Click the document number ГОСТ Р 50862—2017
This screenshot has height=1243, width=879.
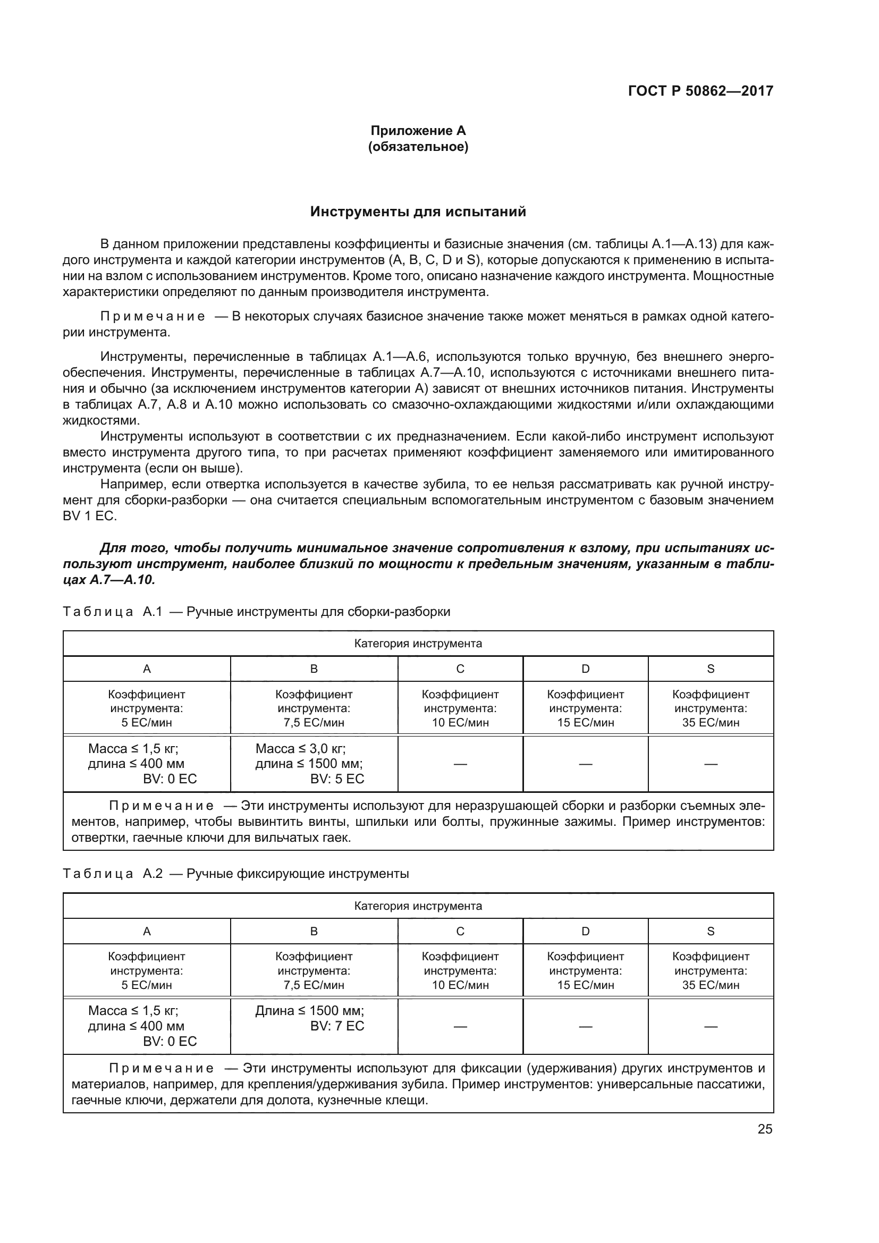[x=700, y=91]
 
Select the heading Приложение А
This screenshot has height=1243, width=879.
[x=418, y=131]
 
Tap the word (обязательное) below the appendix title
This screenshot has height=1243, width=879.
[x=418, y=147]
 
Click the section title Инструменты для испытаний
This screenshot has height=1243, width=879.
[x=418, y=212]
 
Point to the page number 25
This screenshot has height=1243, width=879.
[x=765, y=1129]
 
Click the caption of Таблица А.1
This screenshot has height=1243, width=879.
[x=257, y=612]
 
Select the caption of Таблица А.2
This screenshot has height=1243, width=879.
[x=236, y=874]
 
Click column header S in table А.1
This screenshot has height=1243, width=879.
[x=711, y=669]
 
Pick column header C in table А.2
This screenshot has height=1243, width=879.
[x=460, y=931]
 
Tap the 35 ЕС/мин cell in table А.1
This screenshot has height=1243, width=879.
[x=711, y=722]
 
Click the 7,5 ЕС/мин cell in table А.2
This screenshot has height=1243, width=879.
[x=314, y=985]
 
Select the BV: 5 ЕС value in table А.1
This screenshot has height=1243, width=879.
[x=337, y=779]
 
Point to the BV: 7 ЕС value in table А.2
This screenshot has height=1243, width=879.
[x=337, y=1026]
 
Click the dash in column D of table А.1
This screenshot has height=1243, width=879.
[x=585, y=764]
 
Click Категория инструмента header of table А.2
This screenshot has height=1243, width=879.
[x=418, y=906]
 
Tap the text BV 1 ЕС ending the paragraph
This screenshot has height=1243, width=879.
[x=89, y=516]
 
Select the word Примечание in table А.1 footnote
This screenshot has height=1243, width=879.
[x=162, y=806]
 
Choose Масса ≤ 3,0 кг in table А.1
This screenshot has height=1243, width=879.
[x=300, y=749]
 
